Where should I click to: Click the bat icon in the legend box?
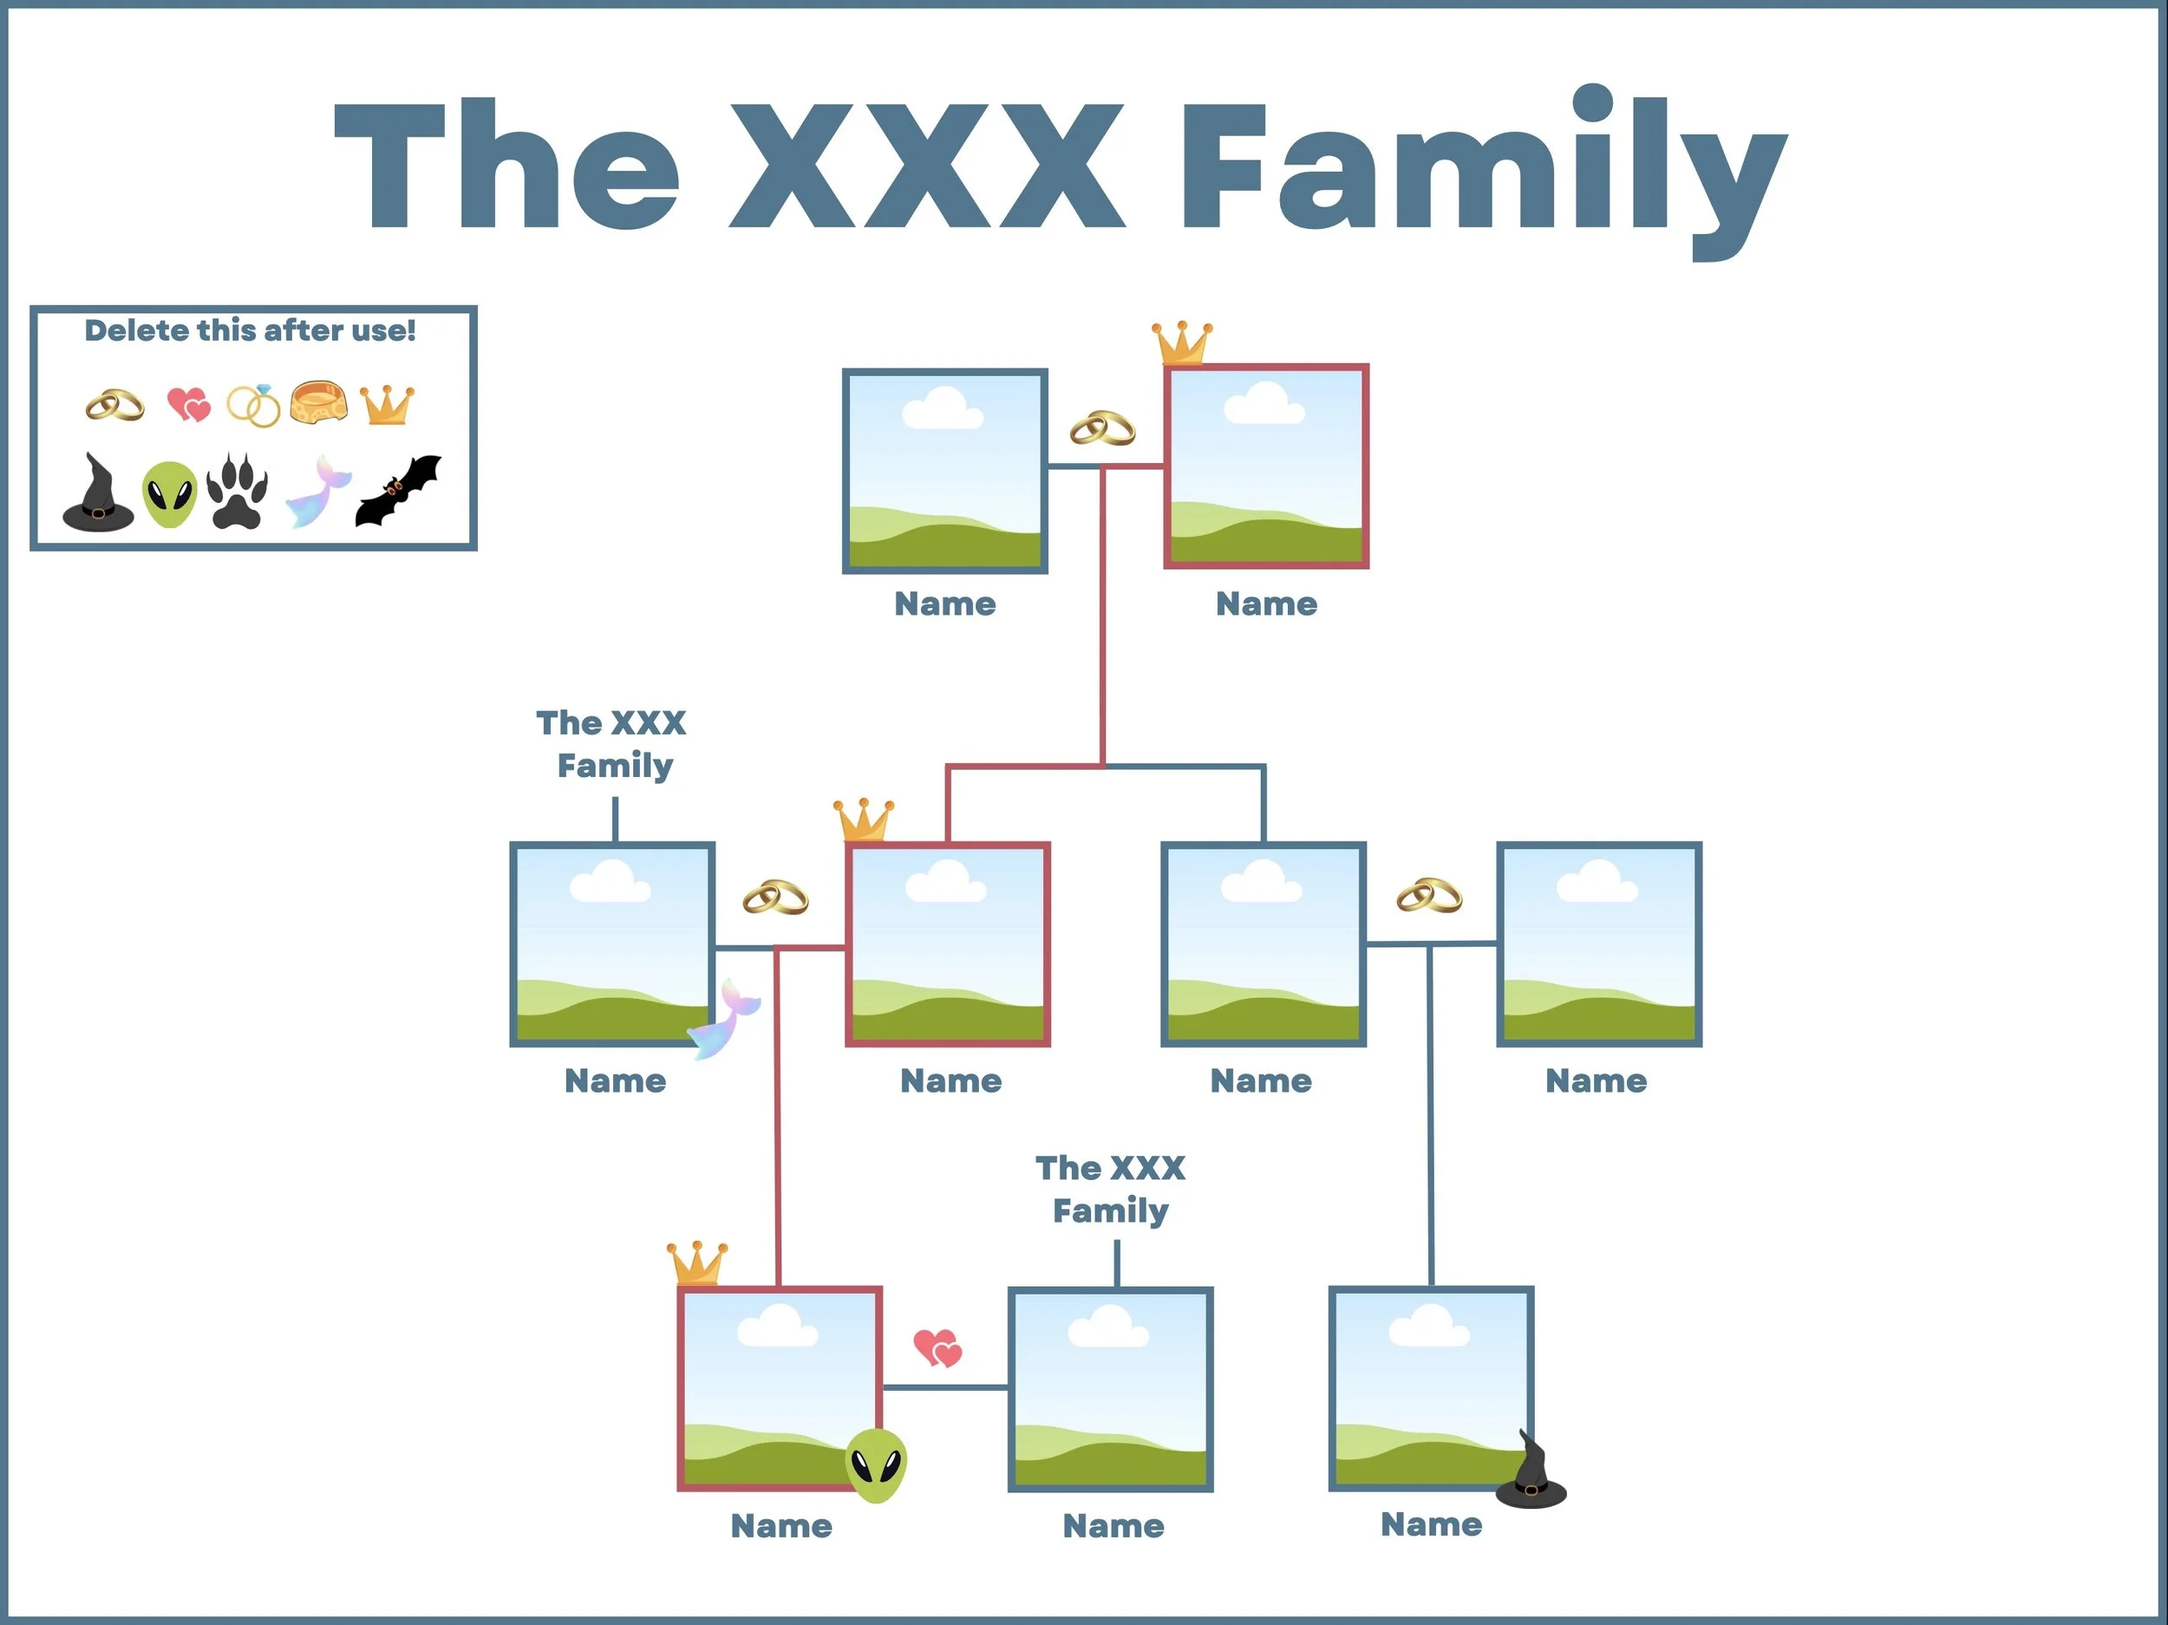(x=398, y=491)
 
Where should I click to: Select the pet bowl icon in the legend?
(x=318, y=401)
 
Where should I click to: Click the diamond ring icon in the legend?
(x=254, y=405)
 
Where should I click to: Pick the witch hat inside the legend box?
(x=97, y=493)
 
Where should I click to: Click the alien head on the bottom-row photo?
(x=875, y=1465)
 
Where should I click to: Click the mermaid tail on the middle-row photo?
(x=725, y=1019)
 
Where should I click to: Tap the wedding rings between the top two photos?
(x=1102, y=428)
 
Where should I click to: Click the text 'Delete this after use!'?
(x=250, y=330)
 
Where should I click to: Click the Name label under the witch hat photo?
(x=1431, y=1524)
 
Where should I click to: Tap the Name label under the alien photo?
(x=781, y=1526)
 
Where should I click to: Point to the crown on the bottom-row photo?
(x=698, y=1263)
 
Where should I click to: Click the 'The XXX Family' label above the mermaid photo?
(x=612, y=744)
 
